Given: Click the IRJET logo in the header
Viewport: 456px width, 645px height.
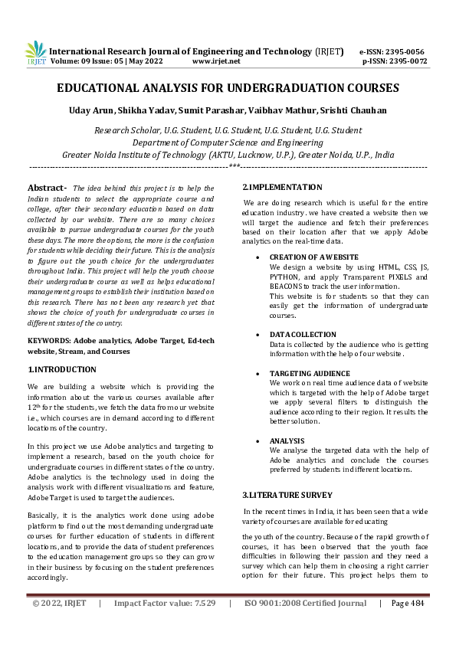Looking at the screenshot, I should [x=36, y=53].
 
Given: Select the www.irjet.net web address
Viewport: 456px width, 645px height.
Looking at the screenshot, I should [x=216, y=61].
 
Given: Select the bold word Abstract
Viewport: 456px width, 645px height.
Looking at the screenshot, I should [x=47, y=188].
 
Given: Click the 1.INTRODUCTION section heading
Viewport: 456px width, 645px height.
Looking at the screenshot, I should [x=62, y=369].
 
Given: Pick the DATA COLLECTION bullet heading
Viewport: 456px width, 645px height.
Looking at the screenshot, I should [x=303, y=335].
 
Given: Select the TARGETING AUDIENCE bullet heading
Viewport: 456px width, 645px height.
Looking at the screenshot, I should [x=310, y=373].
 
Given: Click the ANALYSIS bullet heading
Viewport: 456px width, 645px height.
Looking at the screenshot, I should [x=288, y=441].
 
